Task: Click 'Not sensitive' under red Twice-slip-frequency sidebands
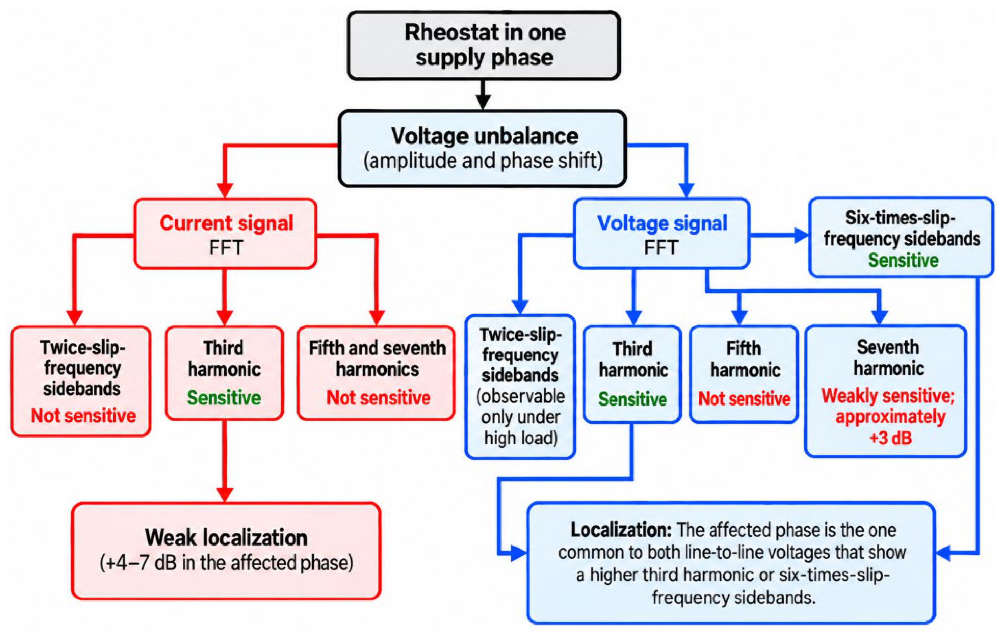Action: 83,415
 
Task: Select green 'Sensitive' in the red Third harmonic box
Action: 224,398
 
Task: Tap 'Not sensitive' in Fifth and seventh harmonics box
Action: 378,398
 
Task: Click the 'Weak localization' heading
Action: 226,537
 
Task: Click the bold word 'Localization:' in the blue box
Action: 621,530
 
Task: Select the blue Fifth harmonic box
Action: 744,374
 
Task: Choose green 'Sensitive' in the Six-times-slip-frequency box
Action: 903,261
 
